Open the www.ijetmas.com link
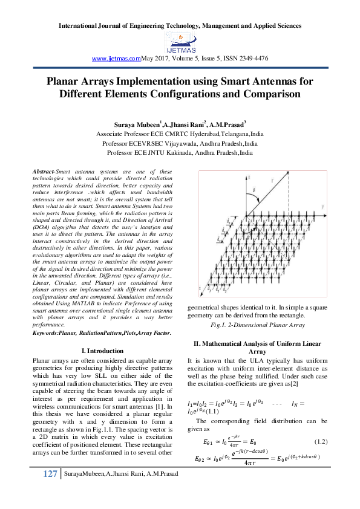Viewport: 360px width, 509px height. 116,57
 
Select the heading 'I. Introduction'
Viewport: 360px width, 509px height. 102,351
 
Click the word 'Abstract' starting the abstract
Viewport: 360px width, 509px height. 43,172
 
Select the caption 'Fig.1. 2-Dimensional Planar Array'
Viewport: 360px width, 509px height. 257,325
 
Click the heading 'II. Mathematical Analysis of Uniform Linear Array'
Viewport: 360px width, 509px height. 257,347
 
